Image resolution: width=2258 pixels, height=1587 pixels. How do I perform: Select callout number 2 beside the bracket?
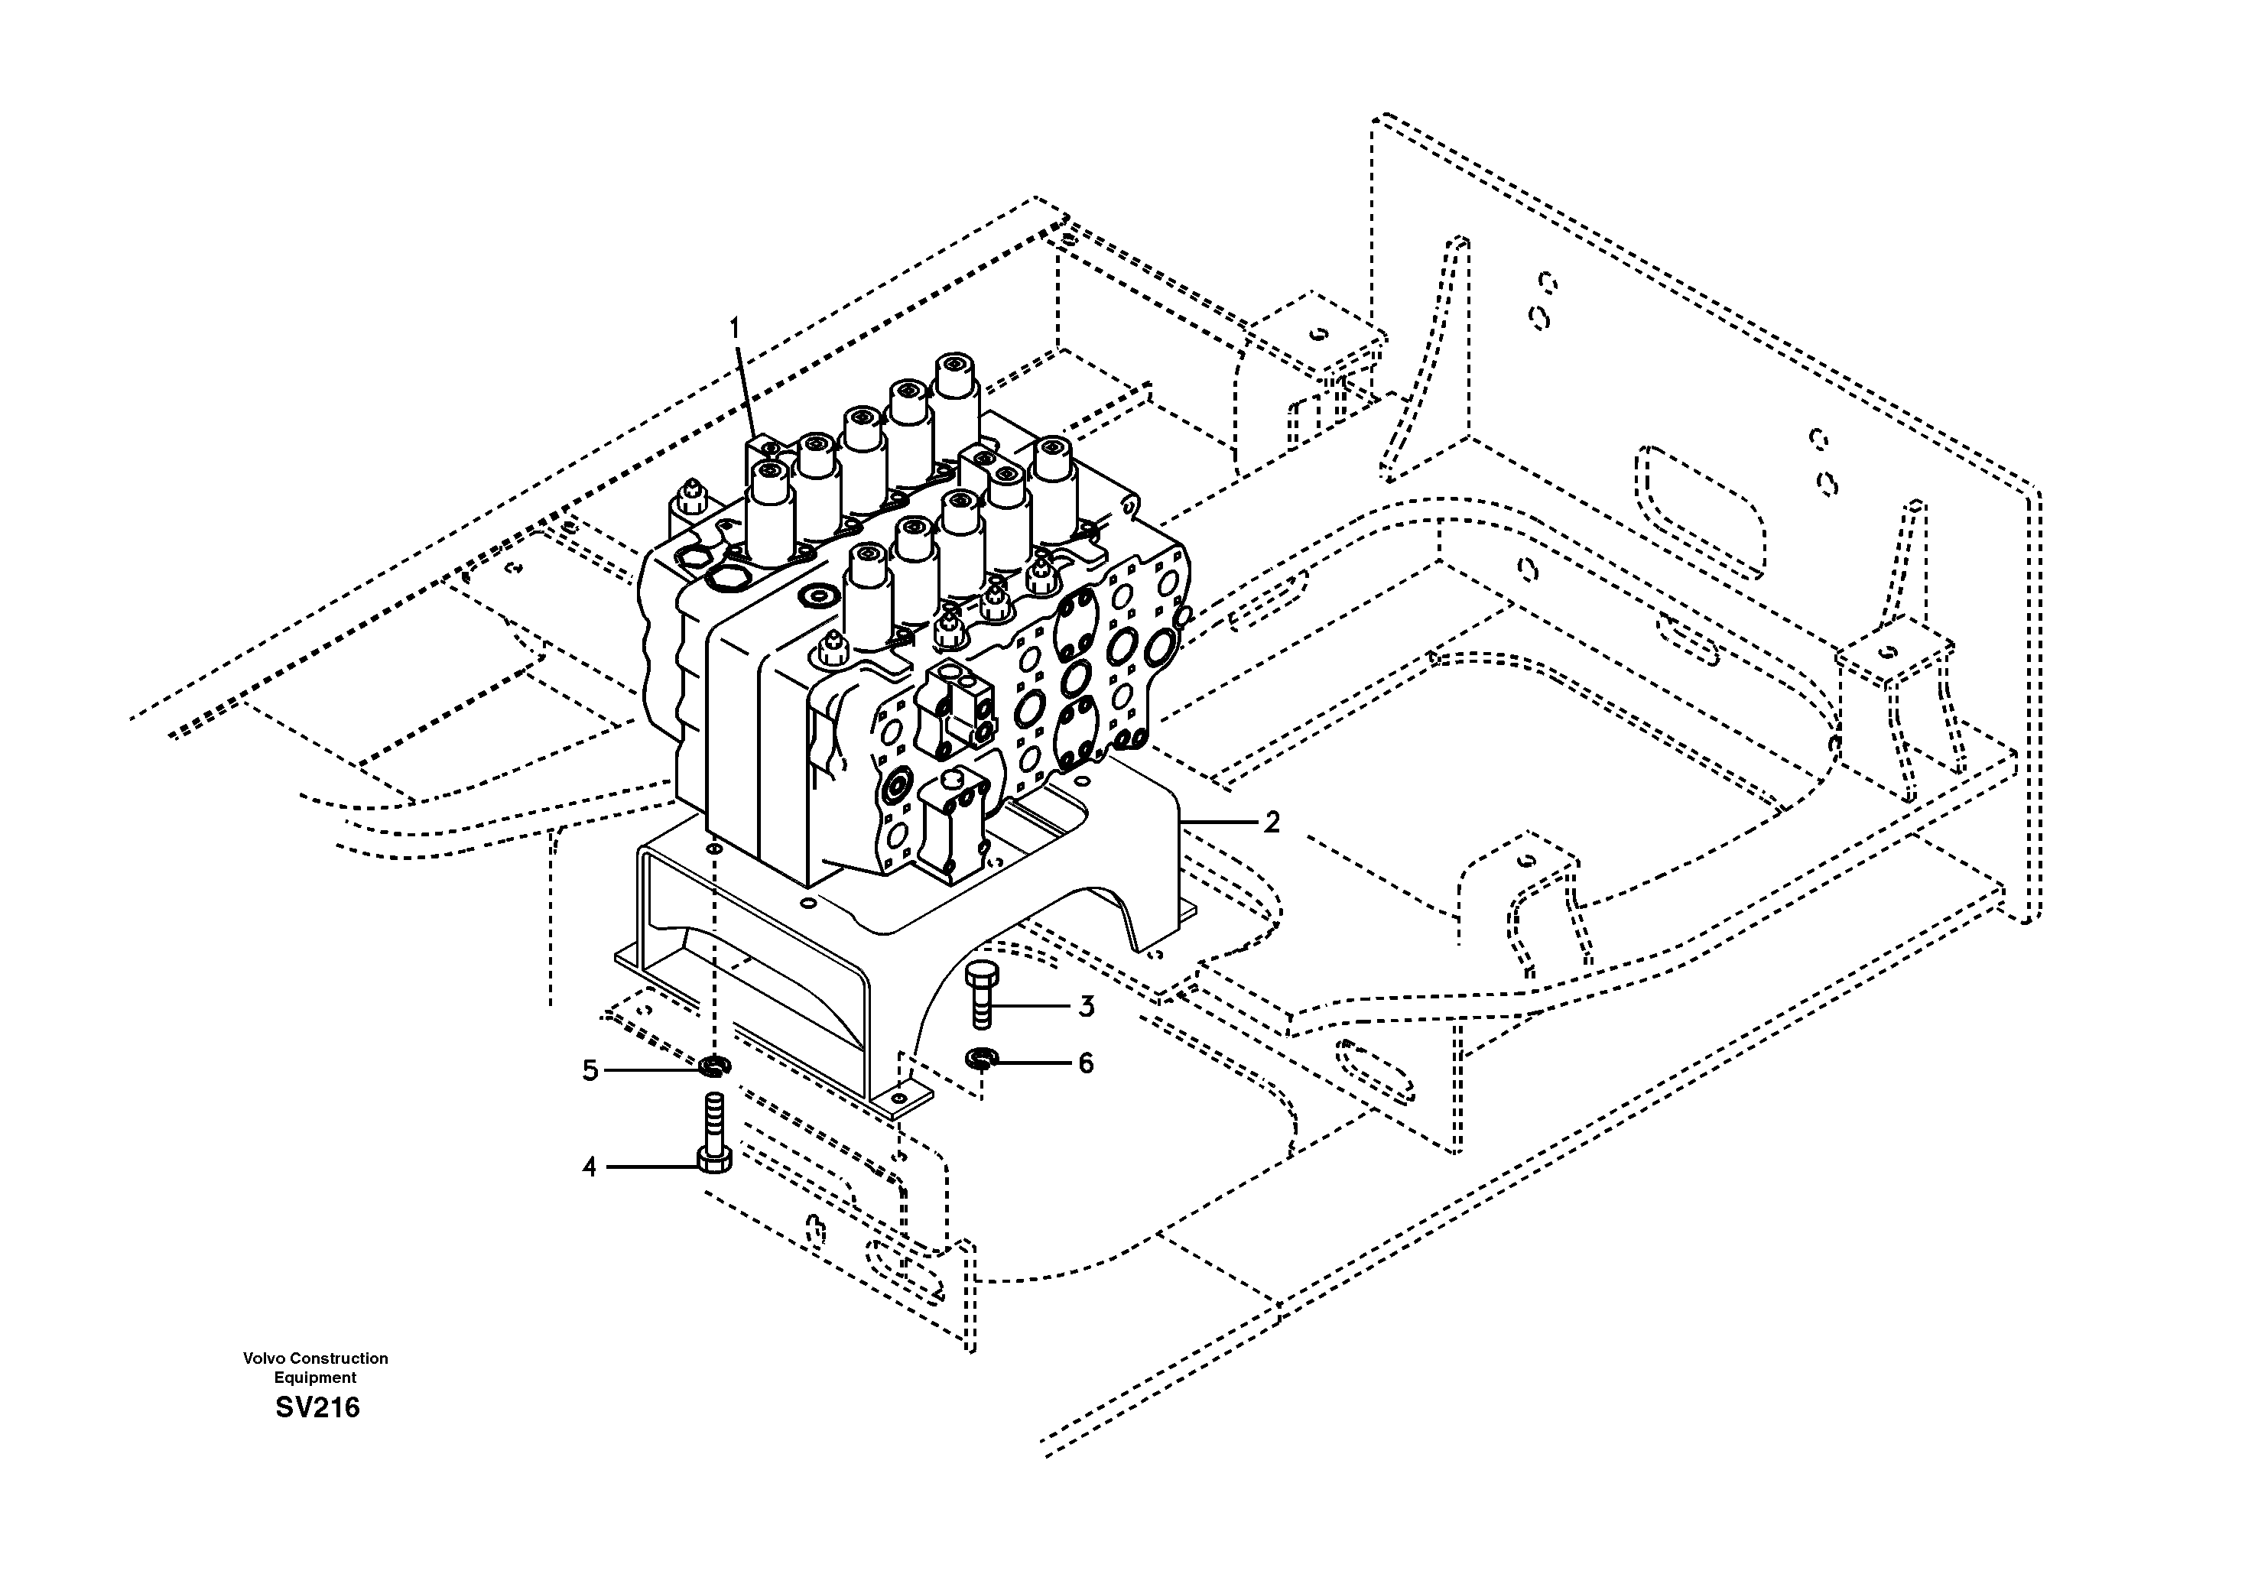coord(1272,822)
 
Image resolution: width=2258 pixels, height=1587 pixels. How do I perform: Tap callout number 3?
coord(1086,1006)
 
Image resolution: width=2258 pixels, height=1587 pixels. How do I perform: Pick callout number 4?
coord(589,1167)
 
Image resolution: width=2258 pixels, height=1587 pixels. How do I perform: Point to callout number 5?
coord(590,1069)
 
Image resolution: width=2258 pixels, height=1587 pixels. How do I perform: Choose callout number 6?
coord(1086,1063)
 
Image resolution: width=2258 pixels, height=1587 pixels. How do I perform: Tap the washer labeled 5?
coord(714,1065)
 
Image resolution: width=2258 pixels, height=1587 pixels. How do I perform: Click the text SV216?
coord(317,1408)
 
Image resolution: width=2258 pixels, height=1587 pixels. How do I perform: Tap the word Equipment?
coord(315,1378)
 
